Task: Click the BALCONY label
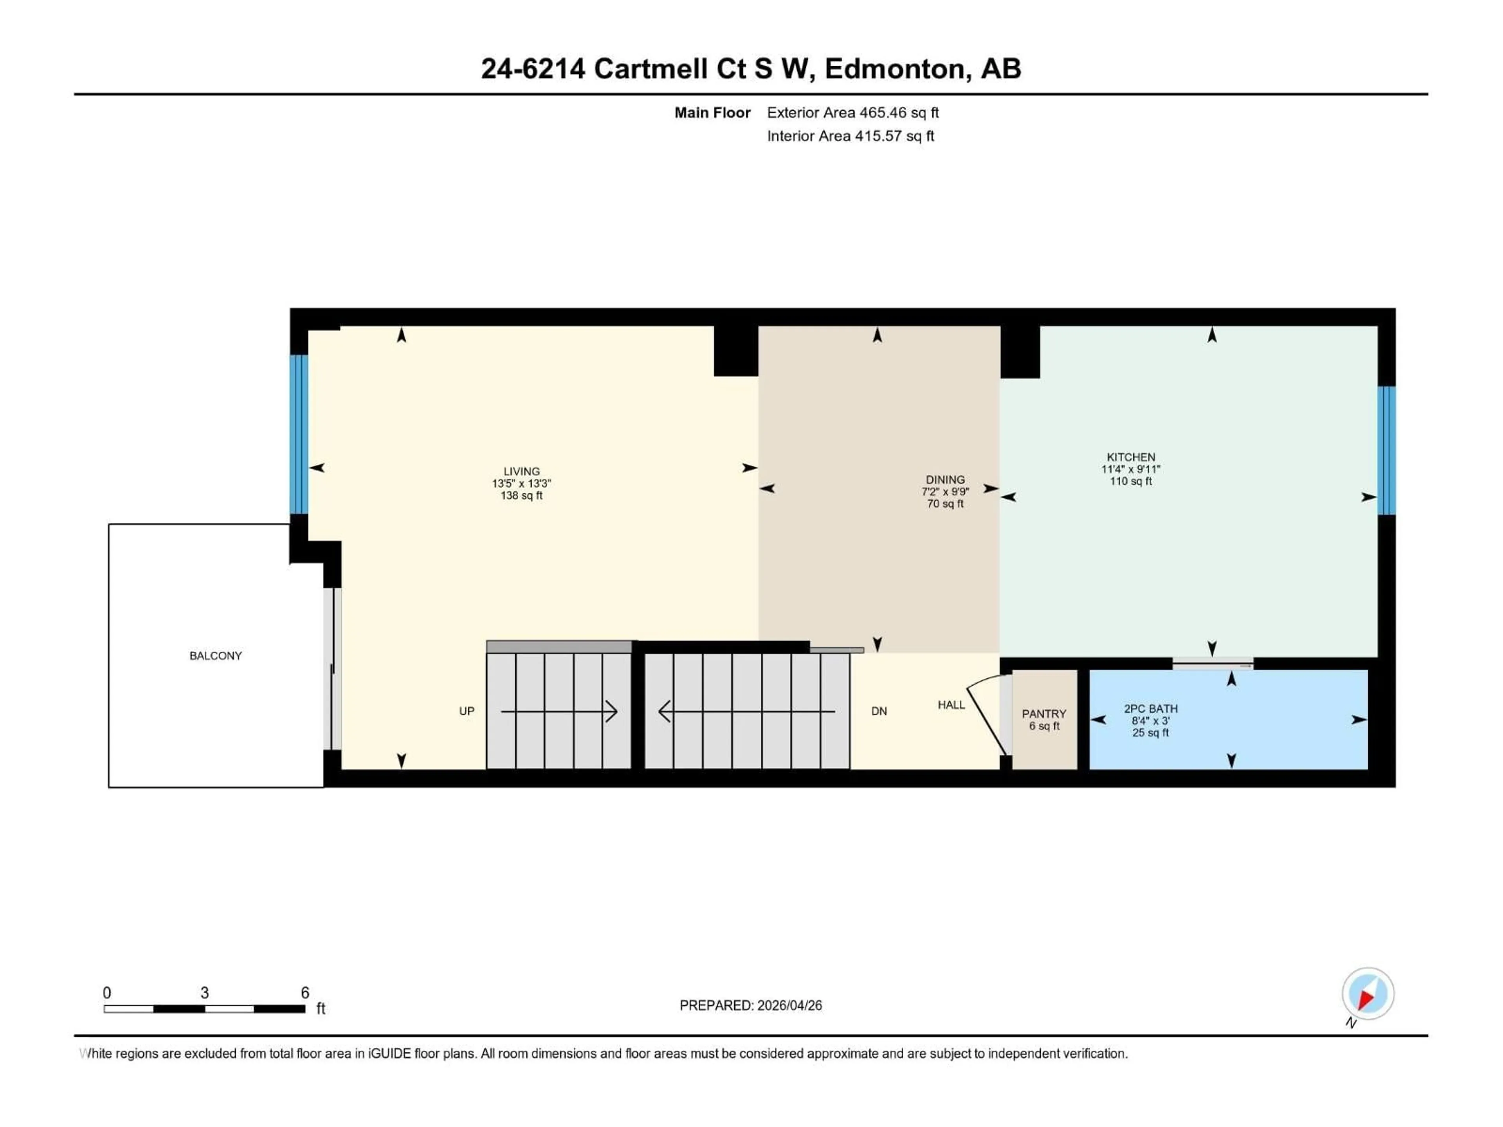coord(215,655)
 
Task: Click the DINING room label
coord(944,480)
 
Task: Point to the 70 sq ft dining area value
coord(944,503)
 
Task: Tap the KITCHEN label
coord(1131,457)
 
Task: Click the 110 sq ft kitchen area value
coord(1131,481)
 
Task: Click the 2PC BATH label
coord(1150,709)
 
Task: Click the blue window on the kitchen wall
coord(1386,450)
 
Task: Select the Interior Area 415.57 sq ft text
coord(850,136)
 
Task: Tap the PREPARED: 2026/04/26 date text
coord(750,1005)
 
